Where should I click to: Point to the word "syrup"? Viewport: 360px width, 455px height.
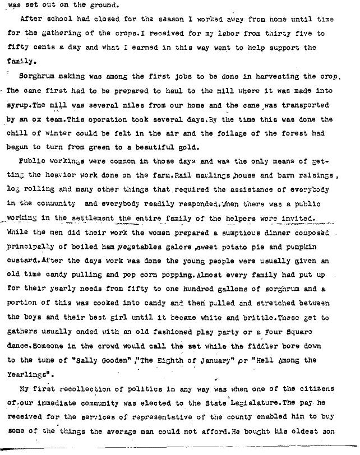coord(19,105)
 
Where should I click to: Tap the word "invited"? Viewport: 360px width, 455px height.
coord(301,220)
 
